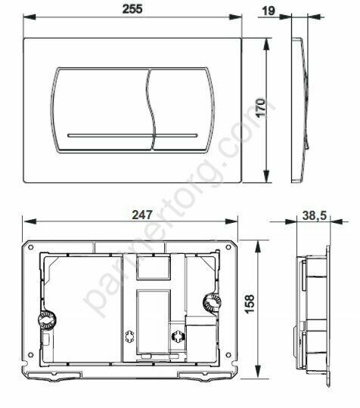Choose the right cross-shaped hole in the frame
point(178,337)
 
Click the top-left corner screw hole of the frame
point(33,248)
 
